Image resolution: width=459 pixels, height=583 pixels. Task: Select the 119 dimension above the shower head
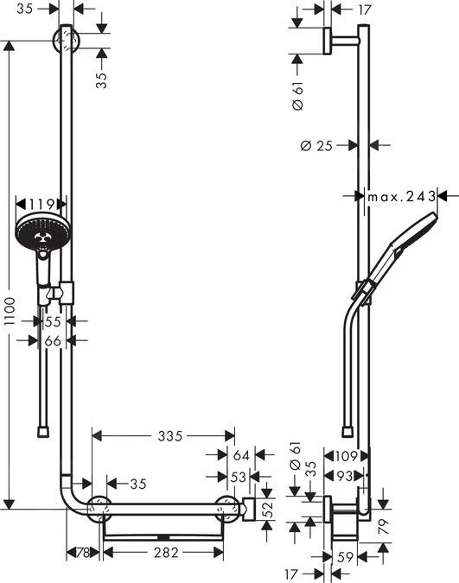point(41,205)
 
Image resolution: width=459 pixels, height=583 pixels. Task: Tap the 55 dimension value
point(54,320)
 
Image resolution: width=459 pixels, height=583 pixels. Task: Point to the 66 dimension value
point(54,342)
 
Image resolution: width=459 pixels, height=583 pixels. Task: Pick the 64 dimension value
point(241,455)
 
